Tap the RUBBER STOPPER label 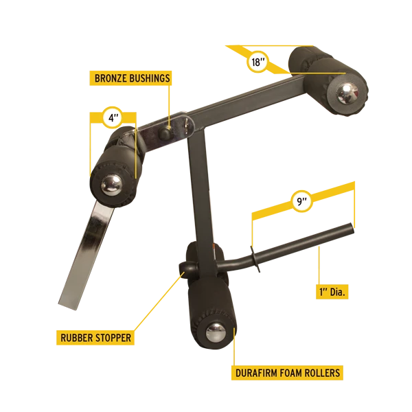[95, 338]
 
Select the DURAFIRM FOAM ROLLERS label [287, 373]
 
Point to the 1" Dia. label [332, 292]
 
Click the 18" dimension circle [257, 62]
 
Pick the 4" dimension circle [112, 117]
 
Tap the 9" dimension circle [302, 201]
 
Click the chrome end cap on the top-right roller [347, 93]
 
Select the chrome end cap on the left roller [111, 185]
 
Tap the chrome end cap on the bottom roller [216, 332]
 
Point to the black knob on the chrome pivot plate [165, 133]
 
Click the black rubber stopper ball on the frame [187, 268]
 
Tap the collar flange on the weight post [255, 260]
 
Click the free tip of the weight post [352, 228]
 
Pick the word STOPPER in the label [113, 338]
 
